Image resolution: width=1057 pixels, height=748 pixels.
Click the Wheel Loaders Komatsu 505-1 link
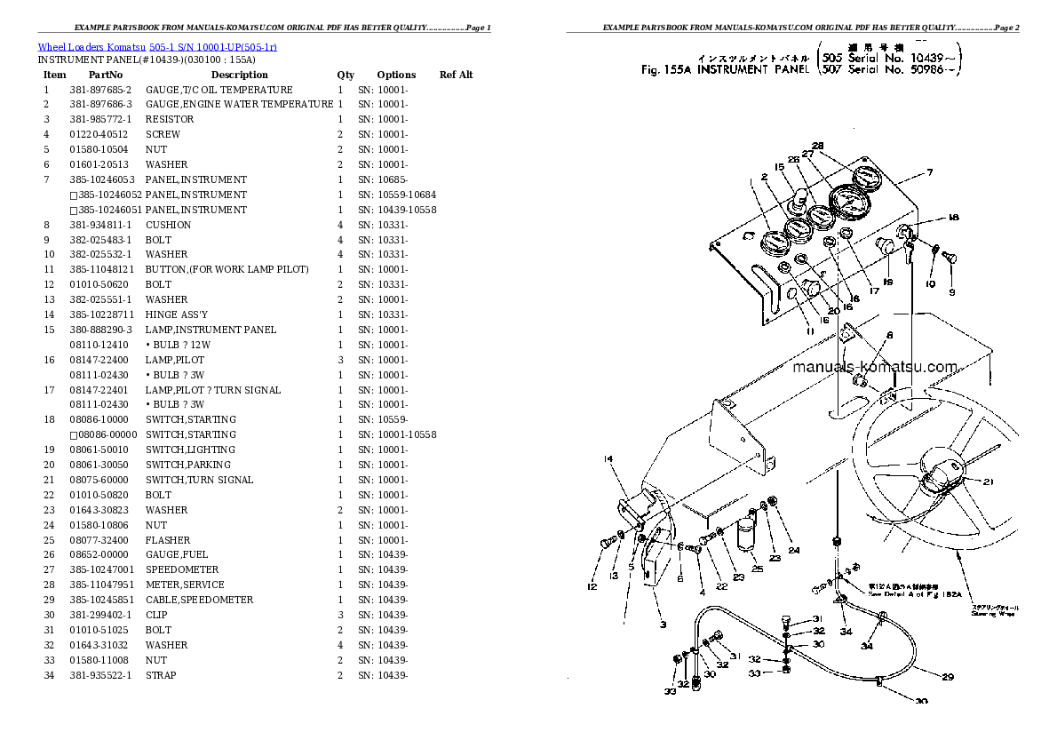[x=151, y=48]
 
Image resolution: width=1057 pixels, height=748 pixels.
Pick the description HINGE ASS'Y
[x=177, y=314]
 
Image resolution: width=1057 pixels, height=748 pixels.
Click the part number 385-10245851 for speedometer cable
[x=102, y=600]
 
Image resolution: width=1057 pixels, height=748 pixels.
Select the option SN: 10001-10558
[x=397, y=434]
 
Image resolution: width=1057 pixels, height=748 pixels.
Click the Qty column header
[x=346, y=75]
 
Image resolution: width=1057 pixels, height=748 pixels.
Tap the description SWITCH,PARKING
[x=188, y=465]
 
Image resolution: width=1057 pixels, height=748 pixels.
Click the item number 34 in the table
[x=49, y=675]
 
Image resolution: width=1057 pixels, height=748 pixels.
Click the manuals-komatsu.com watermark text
[x=874, y=367]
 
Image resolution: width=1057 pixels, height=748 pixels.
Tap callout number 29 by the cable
[x=947, y=677]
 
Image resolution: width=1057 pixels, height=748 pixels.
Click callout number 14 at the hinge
[x=608, y=459]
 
